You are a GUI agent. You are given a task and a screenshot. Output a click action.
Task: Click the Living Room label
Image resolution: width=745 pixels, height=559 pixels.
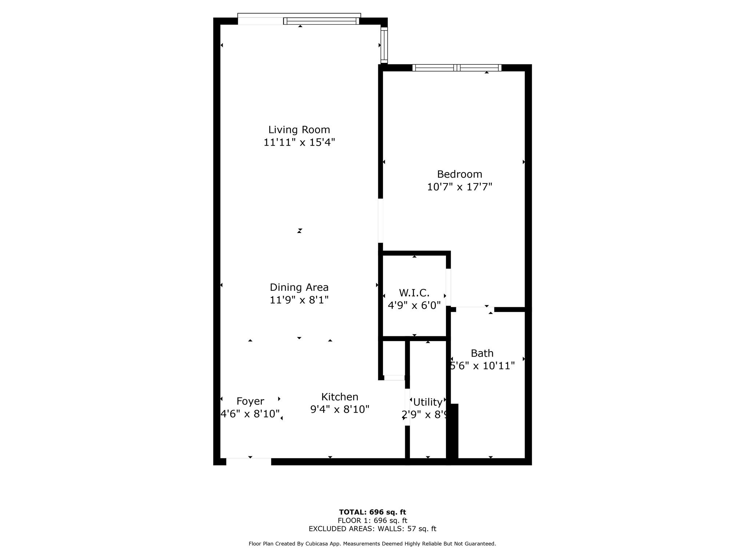(299, 130)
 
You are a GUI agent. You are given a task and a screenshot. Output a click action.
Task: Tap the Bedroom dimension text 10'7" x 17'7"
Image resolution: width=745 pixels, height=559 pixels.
(459, 187)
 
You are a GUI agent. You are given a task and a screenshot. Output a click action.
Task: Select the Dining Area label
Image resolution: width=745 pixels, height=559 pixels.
(299, 288)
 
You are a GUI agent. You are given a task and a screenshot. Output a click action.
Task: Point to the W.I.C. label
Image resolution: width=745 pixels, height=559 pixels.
(414, 293)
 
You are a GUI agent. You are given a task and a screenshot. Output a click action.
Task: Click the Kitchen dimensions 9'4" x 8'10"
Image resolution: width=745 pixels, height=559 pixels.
(340, 409)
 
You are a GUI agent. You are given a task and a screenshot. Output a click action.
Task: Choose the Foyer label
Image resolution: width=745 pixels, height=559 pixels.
(250, 401)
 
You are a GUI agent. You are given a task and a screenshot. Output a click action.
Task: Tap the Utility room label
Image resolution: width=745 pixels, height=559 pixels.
(428, 402)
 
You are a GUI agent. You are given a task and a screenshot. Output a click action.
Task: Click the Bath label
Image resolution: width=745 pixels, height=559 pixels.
(482, 353)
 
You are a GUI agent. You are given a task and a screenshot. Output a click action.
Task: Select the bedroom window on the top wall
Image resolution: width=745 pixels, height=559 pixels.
(457, 68)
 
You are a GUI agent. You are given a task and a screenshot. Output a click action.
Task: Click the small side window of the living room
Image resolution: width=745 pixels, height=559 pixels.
(384, 45)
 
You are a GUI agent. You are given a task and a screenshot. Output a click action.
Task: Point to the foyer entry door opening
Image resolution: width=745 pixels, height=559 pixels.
(249, 461)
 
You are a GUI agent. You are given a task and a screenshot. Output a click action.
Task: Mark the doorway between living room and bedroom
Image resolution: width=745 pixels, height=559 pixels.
(381, 221)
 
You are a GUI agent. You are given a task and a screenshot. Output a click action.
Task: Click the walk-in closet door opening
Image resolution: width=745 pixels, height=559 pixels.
(449, 288)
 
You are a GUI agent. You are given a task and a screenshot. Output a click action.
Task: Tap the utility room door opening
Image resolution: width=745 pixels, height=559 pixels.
(407, 407)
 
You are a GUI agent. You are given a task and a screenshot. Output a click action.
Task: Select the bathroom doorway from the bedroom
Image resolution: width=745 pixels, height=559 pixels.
(475, 309)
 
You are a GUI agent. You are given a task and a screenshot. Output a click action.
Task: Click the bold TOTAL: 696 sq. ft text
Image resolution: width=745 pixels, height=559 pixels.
(372, 512)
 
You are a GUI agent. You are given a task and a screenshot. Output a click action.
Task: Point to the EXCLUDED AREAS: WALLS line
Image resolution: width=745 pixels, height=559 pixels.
(372, 529)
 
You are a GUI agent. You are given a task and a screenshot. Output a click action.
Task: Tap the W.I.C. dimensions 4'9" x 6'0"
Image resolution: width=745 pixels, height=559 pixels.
(414, 305)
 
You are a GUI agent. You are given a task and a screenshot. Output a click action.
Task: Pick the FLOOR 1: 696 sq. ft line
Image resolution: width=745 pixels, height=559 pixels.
(372, 520)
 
